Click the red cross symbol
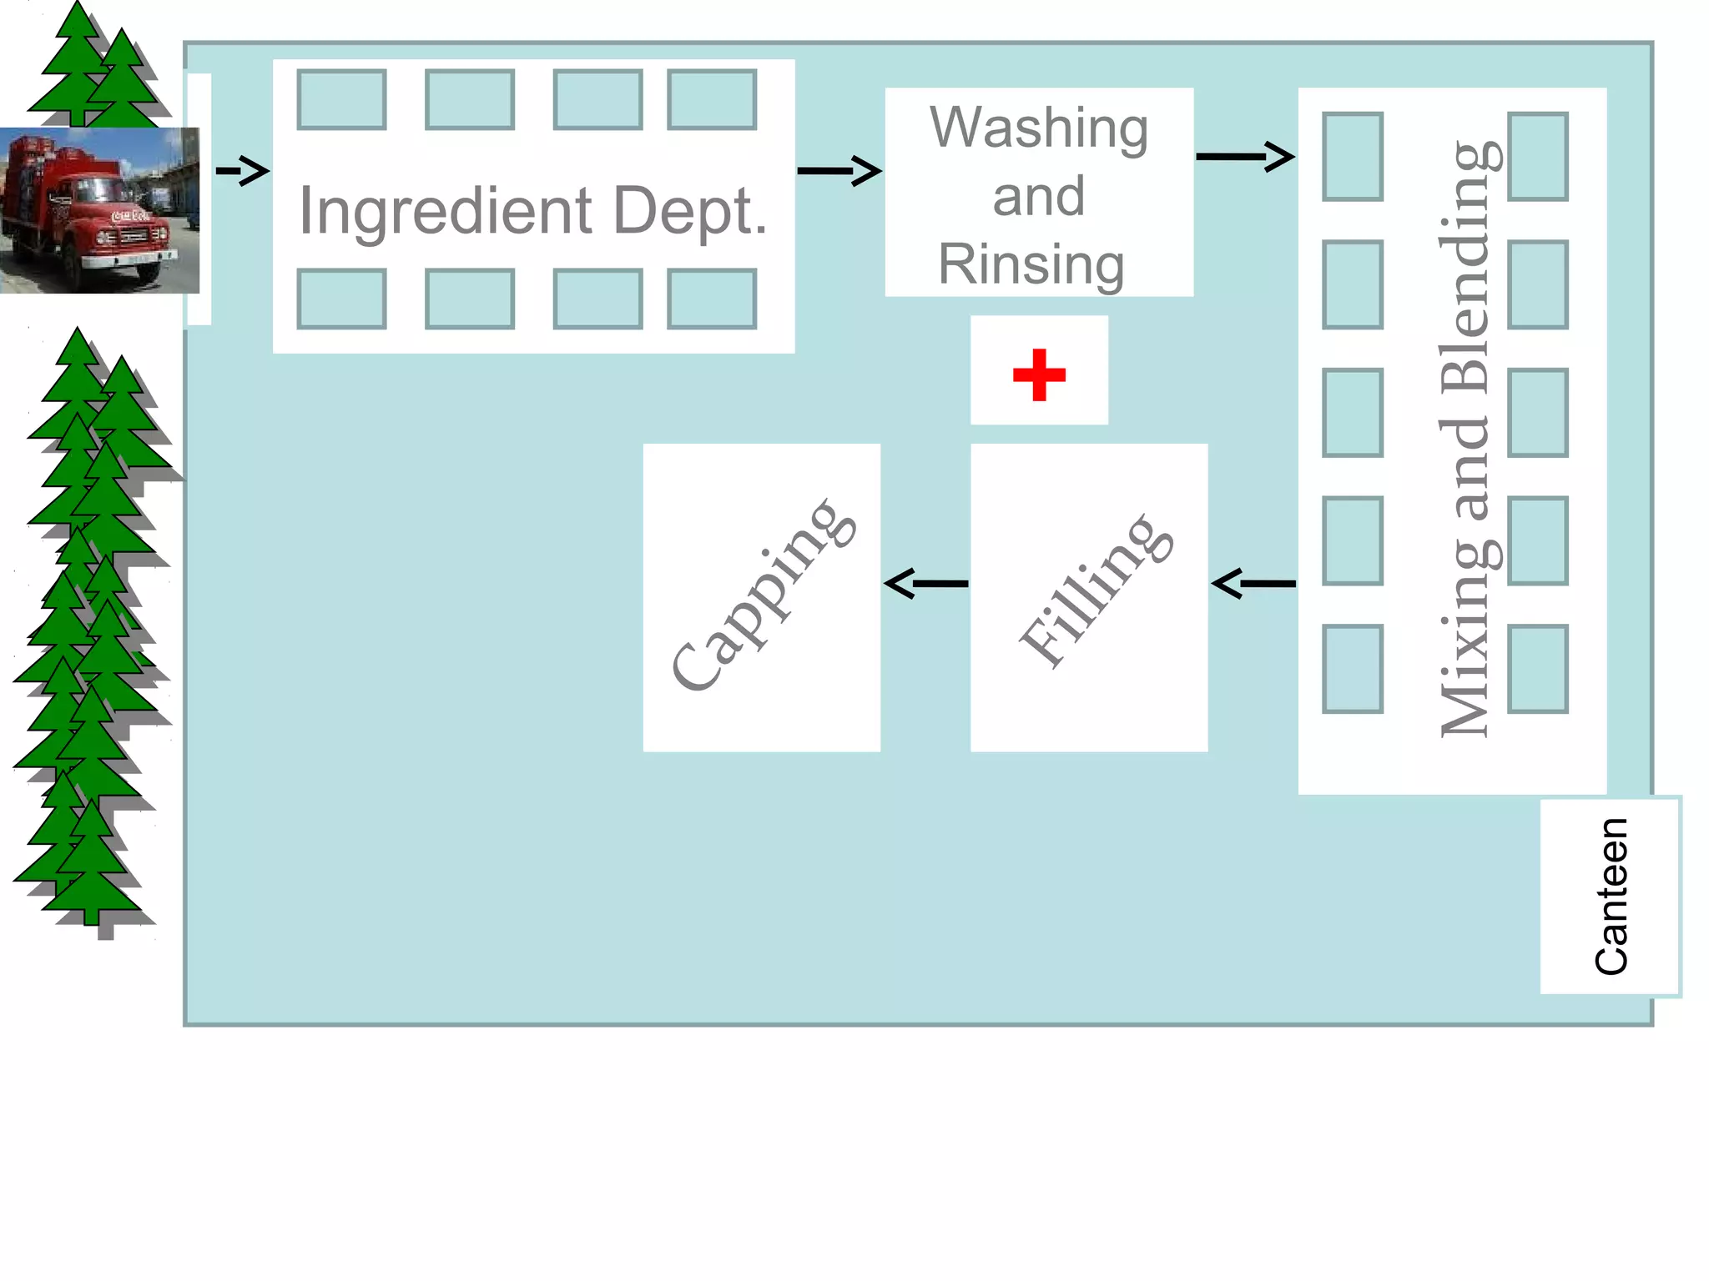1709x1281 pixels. click(1039, 374)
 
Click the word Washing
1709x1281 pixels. click(1039, 128)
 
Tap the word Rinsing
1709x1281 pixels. click(1031, 264)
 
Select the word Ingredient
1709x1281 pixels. click(446, 210)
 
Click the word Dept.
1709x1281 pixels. click(689, 210)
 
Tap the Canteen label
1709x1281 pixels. click(1611, 897)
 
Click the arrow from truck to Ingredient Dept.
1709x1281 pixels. click(243, 171)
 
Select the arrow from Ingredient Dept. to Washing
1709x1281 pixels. click(839, 171)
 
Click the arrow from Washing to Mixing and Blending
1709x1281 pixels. click(1244, 156)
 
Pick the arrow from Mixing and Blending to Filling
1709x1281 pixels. click(1253, 584)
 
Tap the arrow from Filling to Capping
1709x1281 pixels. click(925, 584)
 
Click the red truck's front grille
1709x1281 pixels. click(134, 236)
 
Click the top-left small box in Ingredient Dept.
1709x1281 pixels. click(341, 100)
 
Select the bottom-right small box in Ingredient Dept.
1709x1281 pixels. click(712, 299)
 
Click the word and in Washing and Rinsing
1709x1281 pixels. click(1039, 197)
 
